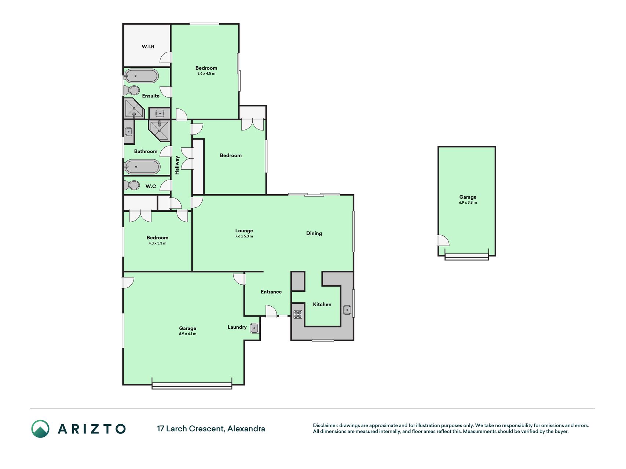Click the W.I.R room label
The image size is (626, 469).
click(148, 47)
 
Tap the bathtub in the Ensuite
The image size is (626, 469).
click(141, 76)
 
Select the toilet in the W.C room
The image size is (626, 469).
click(132, 185)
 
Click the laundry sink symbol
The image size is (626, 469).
click(254, 328)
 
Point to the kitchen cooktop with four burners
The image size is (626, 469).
click(298, 314)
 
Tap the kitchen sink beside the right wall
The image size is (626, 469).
click(347, 310)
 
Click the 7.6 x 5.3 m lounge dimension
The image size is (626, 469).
click(244, 236)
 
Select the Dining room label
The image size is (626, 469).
click(314, 233)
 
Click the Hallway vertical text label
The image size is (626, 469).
click(177, 165)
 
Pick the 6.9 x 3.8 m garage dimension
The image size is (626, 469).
click(468, 203)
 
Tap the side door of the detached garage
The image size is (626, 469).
click(443, 240)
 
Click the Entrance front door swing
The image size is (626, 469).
click(271, 311)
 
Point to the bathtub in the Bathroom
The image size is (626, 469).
click(142, 167)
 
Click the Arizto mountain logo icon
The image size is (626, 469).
click(40, 429)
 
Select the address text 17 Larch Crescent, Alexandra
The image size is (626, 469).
click(211, 429)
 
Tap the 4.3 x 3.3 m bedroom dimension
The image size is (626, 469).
click(157, 243)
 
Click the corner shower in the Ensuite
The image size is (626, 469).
click(134, 108)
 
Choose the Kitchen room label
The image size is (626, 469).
click(322, 304)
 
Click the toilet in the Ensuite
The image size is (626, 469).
click(132, 90)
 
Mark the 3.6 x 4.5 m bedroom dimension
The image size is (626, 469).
click(206, 74)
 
